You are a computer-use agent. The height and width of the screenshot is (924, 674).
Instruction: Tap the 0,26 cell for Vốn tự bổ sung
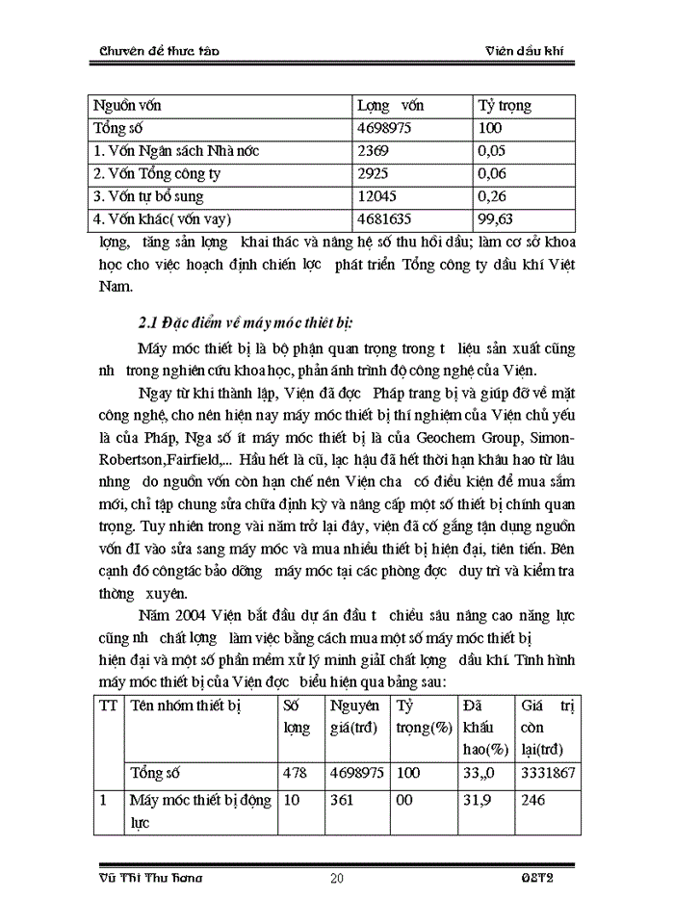491,197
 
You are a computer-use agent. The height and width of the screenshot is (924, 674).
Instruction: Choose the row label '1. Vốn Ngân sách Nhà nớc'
176,151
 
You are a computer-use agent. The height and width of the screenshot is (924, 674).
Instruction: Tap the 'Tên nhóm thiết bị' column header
185,706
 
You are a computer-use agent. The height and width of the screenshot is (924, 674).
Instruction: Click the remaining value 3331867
545,773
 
